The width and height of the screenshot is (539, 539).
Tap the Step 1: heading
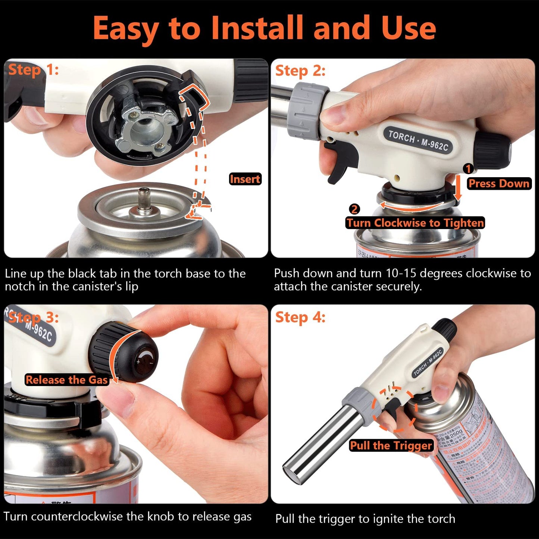(x=33, y=70)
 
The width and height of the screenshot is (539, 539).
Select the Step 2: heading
(x=300, y=70)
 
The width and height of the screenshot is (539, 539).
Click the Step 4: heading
(x=300, y=317)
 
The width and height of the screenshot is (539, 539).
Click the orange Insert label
(x=245, y=179)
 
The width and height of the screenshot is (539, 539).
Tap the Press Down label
(x=499, y=184)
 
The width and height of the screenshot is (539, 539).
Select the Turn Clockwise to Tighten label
(x=415, y=223)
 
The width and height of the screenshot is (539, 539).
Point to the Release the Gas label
(x=66, y=380)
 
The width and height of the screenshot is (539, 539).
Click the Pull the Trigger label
(x=391, y=445)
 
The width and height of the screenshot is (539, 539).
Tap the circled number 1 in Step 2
(x=468, y=169)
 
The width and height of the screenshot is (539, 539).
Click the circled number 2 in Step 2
(x=354, y=209)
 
